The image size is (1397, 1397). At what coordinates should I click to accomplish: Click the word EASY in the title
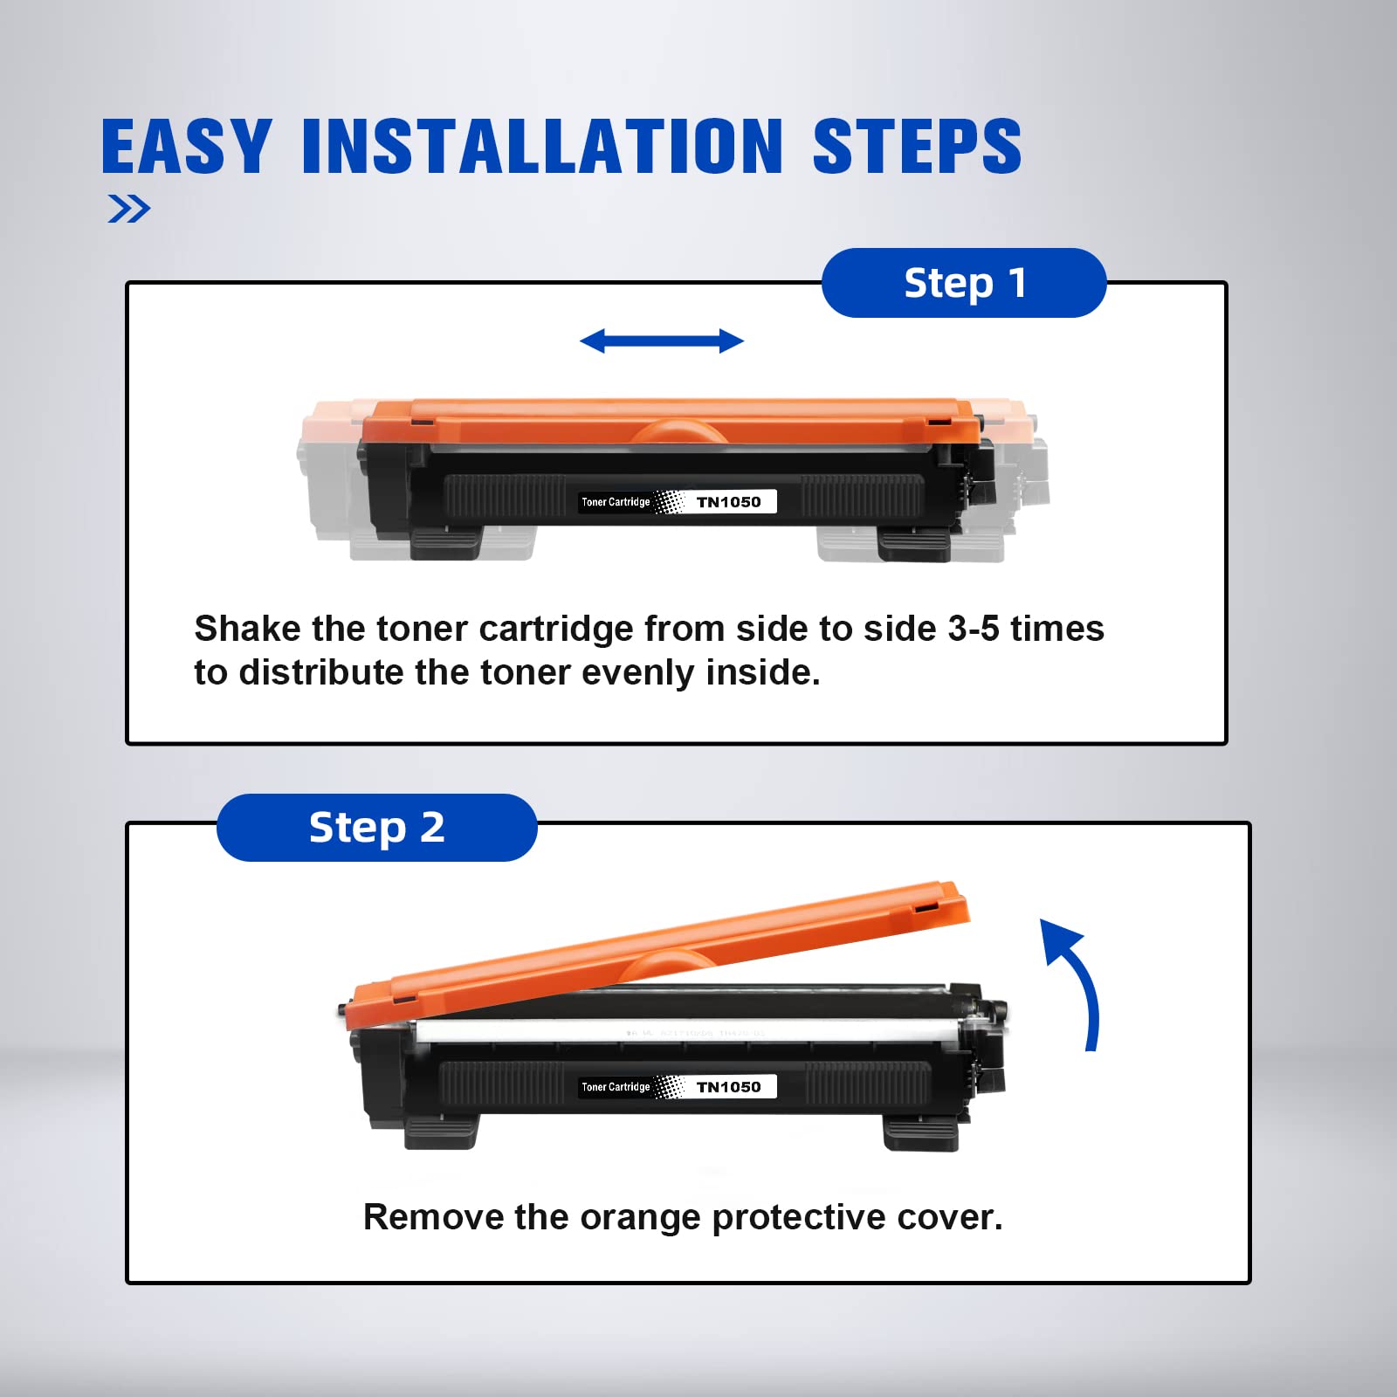(x=186, y=147)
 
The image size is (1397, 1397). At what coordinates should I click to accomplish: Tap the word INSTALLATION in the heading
(x=541, y=147)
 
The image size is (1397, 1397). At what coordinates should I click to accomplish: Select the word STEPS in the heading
(x=916, y=147)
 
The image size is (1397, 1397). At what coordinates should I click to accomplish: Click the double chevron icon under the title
(x=128, y=209)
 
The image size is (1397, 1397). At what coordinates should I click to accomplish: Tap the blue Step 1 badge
(x=964, y=283)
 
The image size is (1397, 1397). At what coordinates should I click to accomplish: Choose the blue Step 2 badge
(x=376, y=827)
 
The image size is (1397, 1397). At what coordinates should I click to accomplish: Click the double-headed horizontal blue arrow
(x=662, y=341)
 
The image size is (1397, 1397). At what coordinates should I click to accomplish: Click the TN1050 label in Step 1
(x=728, y=502)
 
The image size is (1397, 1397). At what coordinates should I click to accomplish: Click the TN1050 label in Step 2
(x=728, y=1087)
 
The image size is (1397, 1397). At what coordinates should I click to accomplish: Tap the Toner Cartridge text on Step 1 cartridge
(x=616, y=502)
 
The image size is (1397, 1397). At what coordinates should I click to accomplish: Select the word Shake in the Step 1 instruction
(x=246, y=629)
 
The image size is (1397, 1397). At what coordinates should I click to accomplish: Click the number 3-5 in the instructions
(x=974, y=629)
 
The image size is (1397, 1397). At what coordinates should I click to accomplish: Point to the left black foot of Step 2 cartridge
(x=441, y=1132)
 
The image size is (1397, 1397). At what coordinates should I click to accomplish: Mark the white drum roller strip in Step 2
(x=690, y=1030)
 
